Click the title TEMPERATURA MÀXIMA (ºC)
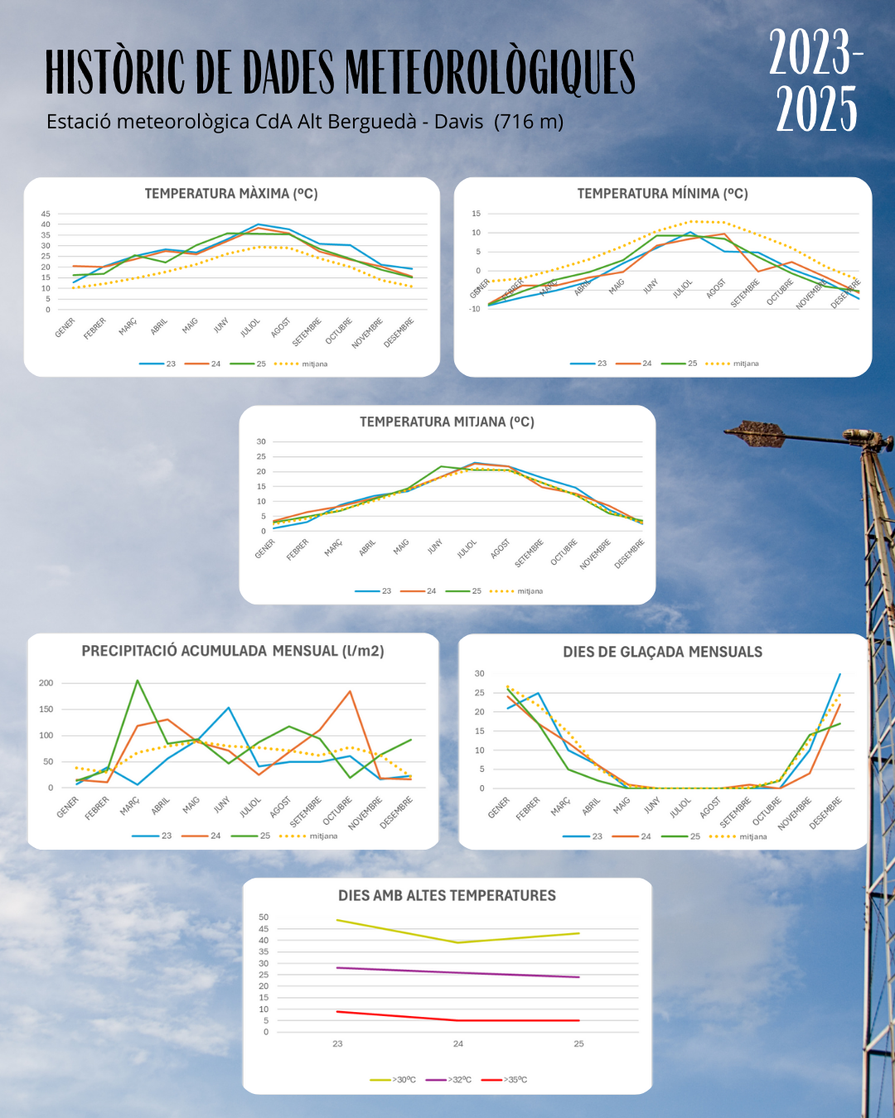pyautogui.click(x=231, y=194)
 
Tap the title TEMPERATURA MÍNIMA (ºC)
pyautogui.click(x=662, y=194)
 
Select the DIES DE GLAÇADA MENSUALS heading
pyautogui.click(x=662, y=652)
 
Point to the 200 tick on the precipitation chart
pyautogui.click(x=46, y=683)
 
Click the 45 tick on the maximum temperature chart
pyautogui.click(x=46, y=214)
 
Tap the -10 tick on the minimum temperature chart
pyautogui.click(x=475, y=309)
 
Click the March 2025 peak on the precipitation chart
pyautogui.click(x=137, y=681)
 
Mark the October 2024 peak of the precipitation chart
pyautogui.click(x=350, y=692)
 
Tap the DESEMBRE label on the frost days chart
pyautogui.click(x=825, y=812)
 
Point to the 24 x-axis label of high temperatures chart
pyautogui.click(x=458, y=1043)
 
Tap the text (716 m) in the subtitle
pyautogui.click(x=529, y=122)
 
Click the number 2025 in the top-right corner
pyautogui.click(x=816, y=109)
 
